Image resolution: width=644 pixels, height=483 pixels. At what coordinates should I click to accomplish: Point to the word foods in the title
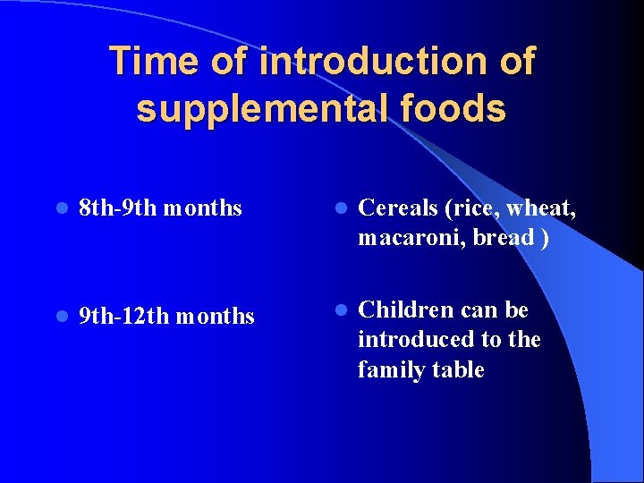coord(460,109)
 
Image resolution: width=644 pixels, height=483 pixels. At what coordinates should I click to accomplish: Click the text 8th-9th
coord(115,208)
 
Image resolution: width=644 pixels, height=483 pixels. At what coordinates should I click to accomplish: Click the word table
coord(458,369)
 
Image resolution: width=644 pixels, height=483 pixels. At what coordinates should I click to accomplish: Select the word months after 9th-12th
coord(216,316)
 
